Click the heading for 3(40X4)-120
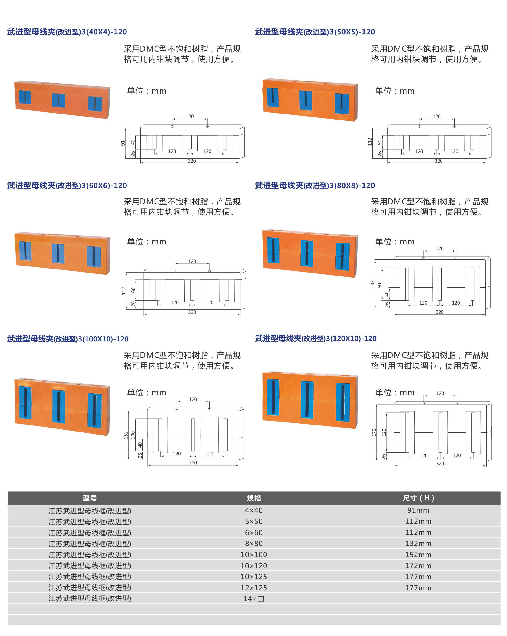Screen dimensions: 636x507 (x=67, y=32)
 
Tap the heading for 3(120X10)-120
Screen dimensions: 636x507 (x=316, y=338)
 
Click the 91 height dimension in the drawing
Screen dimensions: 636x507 (x=123, y=143)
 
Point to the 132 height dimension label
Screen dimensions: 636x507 (x=372, y=284)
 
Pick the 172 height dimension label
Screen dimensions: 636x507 (x=374, y=432)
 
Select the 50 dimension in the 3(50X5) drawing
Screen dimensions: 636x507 (x=380, y=142)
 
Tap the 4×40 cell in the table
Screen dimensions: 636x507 (x=254, y=510)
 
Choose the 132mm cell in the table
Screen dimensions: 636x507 (x=418, y=543)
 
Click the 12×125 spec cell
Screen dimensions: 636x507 (x=254, y=588)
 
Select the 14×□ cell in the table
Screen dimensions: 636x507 (x=254, y=599)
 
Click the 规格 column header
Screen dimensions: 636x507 (x=254, y=498)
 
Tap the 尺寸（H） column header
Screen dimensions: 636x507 (x=418, y=498)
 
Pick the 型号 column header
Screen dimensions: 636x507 (x=90, y=498)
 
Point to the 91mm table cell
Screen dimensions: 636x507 (x=418, y=510)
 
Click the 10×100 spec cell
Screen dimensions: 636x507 (x=254, y=555)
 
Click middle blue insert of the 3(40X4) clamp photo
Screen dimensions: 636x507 (x=58, y=100)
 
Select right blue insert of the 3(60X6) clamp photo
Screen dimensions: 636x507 (x=94, y=256)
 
